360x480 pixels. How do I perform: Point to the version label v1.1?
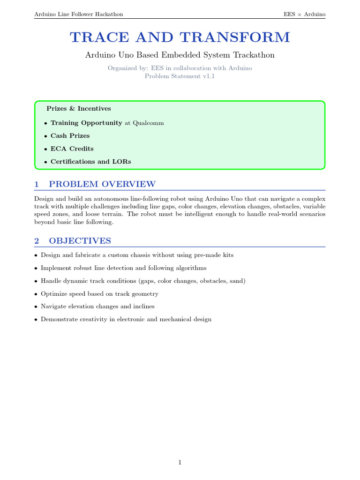pyautogui.click(x=207, y=76)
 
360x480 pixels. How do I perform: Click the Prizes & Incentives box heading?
pyautogui.click(x=79, y=109)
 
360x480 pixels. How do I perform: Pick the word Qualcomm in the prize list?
pyautogui.click(x=148, y=123)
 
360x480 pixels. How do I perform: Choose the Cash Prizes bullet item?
pyautogui.click(x=70, y=136)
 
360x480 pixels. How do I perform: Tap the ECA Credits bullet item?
pyautogui.click(x=72, y=149)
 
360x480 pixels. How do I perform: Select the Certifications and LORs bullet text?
pyautogui.click(x=90, y=162)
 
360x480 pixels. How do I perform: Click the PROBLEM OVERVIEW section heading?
pyautogui.click(x=102, y=184)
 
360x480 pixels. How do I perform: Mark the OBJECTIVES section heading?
pyautogui.click(x=80, y=241)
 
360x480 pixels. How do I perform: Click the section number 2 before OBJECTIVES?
pyautogui.click(x=37, y=241)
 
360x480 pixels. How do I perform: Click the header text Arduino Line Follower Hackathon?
pyautogui.click(x=79, y=14)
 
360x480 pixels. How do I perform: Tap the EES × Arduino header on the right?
pyautogui.click(x=304, y=14)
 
